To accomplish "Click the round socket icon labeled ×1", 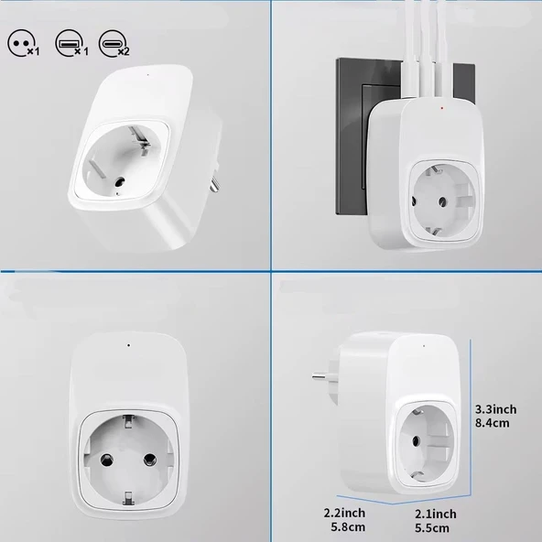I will pyautogui.click(x=21, y=41).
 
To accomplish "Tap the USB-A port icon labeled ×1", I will pyautogui.click(x=67, y=41).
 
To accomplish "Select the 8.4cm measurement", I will pyautogui.click(x=495, y=423).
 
